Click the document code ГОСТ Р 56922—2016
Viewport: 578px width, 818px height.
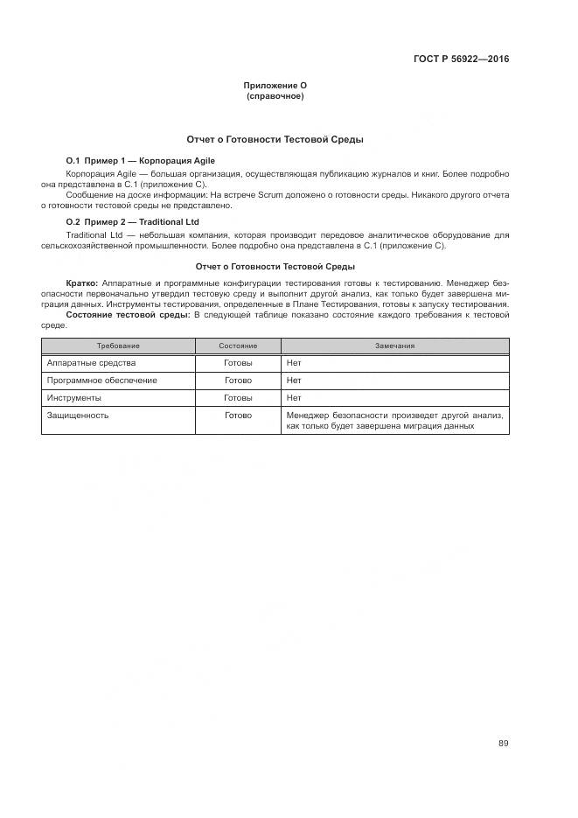click(461, 59)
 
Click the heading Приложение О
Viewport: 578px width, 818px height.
click(275, 85)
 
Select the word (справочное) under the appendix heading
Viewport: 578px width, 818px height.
click(275, 95)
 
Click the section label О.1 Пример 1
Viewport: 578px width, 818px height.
click(97, 161)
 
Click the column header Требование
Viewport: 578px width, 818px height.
click(118, 346)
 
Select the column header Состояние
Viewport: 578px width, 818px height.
click(238, 346)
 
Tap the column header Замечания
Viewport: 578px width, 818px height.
click(394, 346)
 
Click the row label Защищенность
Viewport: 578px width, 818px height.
click(78, 416)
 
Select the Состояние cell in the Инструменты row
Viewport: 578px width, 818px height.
click(238, 398)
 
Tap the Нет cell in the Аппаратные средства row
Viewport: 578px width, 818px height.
click(294, 363)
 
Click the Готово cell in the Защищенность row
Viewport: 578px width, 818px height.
click(238, 416)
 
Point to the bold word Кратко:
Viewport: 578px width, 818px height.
click(84, 284)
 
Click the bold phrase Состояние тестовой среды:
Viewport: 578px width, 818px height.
click(129, 314)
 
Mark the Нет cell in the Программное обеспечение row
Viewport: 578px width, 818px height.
click(294, 381)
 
